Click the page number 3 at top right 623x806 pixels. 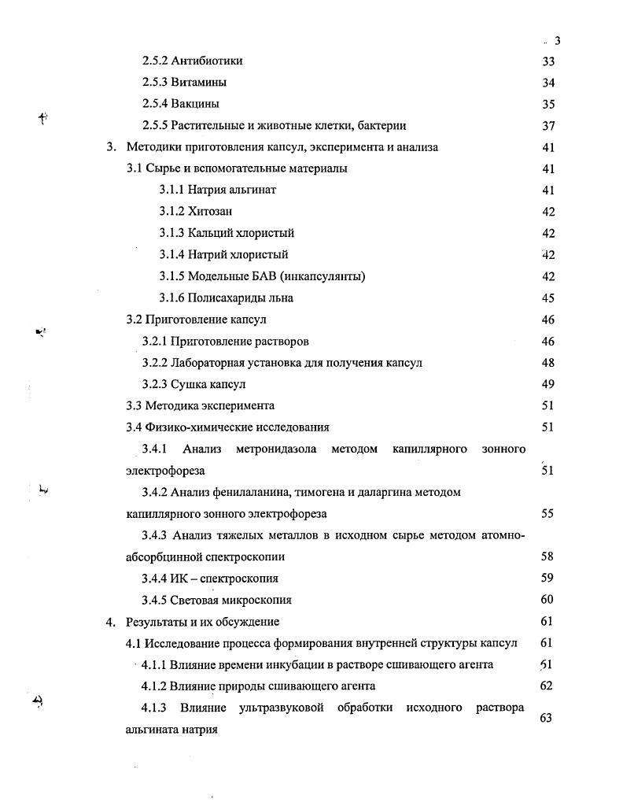(557, 41)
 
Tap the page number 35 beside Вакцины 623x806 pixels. (548, 104)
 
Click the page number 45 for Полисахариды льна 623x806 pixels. (548, 298)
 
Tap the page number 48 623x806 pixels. (548, 363)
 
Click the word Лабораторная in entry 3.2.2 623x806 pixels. (207, 363)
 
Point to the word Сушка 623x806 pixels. (187, 384)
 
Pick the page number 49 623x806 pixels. (548, 384)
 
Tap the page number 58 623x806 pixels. (548, 556)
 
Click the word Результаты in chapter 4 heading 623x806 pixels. (156, 622)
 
